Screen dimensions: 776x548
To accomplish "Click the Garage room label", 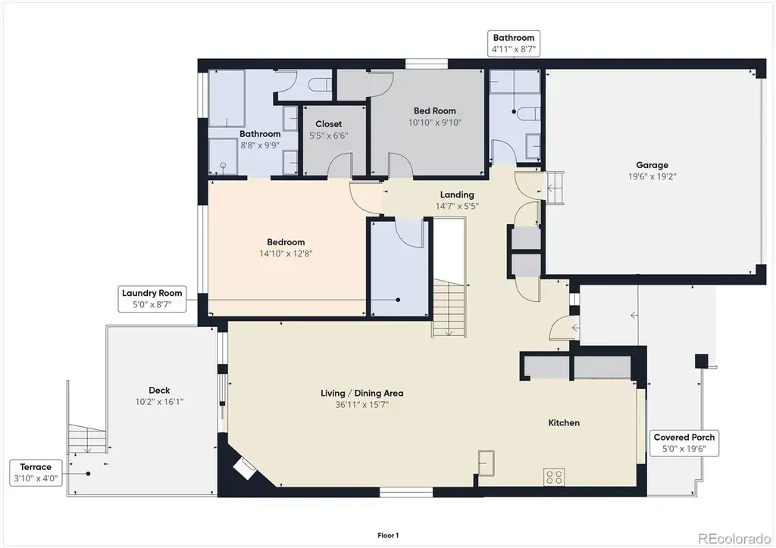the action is click(652, 165).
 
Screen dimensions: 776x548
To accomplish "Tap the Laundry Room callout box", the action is click(152, 298).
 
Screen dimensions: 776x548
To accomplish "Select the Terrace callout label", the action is click(36, 472).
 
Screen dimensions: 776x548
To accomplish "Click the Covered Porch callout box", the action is click(684, 443).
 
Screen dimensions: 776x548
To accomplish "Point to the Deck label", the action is click(159, 391).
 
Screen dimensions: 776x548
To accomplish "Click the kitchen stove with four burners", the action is click(554, 477).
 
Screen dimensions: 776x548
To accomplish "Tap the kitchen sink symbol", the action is click(486, 463).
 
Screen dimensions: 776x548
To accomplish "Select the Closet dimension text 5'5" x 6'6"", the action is click(329, 135).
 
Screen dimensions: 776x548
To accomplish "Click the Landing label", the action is click(457, 195).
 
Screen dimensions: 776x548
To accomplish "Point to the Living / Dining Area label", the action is click(361, 394).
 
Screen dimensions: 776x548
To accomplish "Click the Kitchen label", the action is click(564, 422).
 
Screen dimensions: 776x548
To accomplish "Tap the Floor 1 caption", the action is click(388, 535).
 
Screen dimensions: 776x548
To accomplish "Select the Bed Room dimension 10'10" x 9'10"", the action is click(434, 123).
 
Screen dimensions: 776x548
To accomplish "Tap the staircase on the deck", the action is click(87, 438).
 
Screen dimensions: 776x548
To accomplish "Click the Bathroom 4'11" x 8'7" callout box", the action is click(514, 43).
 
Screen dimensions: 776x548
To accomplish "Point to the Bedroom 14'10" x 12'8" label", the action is click(286, 248).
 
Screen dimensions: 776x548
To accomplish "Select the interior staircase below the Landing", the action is click(449, 307).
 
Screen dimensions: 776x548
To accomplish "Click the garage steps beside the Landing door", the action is click(555, 188).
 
